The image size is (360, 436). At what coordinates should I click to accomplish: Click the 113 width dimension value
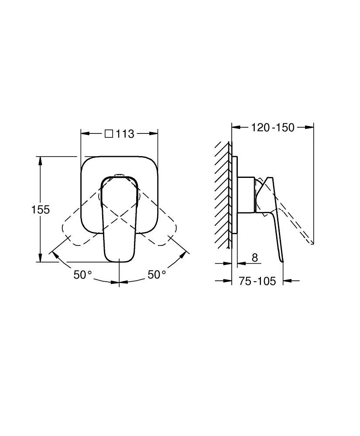click(x=125, y=134)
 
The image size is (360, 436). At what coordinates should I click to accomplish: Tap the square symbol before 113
click(x=109, y=134)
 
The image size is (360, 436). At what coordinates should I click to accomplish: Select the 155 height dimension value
click(x=40, y=209)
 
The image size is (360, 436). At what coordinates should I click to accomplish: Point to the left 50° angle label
click(x=82, y=275)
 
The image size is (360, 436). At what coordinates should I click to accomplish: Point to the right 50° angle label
click(x=157, y=275)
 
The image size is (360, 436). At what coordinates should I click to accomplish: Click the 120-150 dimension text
click(x=273, y=127)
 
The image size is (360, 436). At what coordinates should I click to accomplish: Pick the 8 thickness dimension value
click(x=255, y=258)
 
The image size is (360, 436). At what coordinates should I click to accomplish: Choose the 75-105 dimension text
click(x=257, y=281)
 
